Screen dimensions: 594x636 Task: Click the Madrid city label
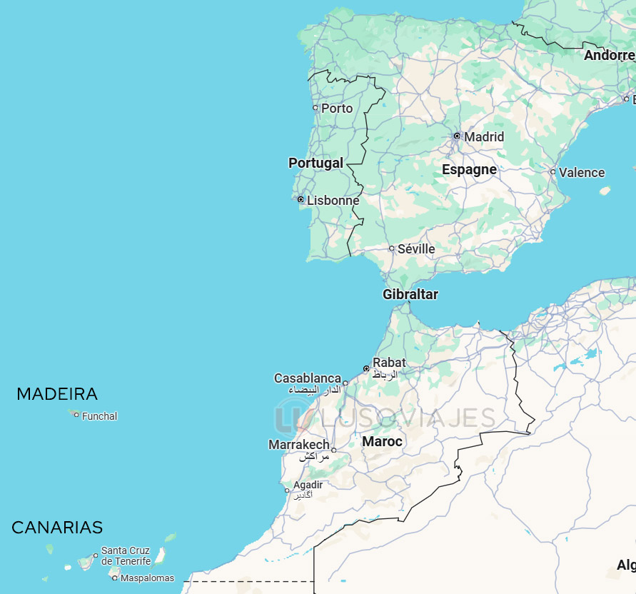point(484,137)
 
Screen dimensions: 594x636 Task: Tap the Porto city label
point(337,109)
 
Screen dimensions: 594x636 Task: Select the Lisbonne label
point(333,201)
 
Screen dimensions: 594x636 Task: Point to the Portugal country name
point(316,163)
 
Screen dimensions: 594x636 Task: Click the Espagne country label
point(469,170)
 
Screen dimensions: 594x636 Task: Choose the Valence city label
point(582,173)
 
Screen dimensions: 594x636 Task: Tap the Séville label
point(416,249)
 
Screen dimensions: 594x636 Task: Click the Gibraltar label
point(410,295)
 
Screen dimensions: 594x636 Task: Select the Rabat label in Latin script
point(389,363)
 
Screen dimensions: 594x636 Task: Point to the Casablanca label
point(308,378)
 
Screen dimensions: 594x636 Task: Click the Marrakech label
point(299,445)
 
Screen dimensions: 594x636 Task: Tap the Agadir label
point(308,485)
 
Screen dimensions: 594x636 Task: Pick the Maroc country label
point(382,442)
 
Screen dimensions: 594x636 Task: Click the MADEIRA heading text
point(57,394)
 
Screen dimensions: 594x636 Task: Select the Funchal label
point(100,416)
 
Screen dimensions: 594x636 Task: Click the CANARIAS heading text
point(57,528)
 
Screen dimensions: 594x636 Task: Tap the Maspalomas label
point(147,578)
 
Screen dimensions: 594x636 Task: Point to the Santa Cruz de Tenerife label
point(126,555)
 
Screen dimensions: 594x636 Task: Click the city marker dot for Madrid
point(457,136)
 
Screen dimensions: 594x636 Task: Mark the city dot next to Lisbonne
point(301,200)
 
